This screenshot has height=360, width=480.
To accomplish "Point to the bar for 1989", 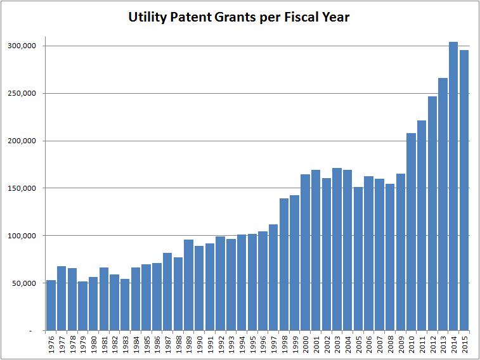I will point(189,285).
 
